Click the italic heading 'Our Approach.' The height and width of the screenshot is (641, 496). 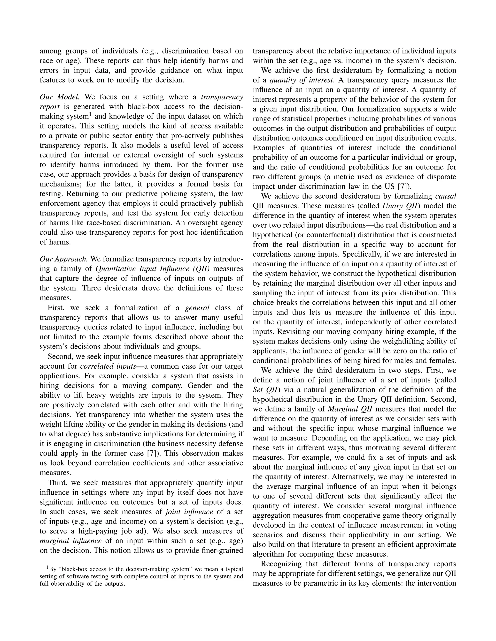click(x=64, y=259)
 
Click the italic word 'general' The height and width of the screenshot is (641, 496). click(x=197, y=308)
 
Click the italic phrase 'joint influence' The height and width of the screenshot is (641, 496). click(x=189, y=512)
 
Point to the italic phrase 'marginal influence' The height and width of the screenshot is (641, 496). click(x=70, y=541)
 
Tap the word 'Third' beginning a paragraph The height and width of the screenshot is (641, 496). click(x=57, y=483)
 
